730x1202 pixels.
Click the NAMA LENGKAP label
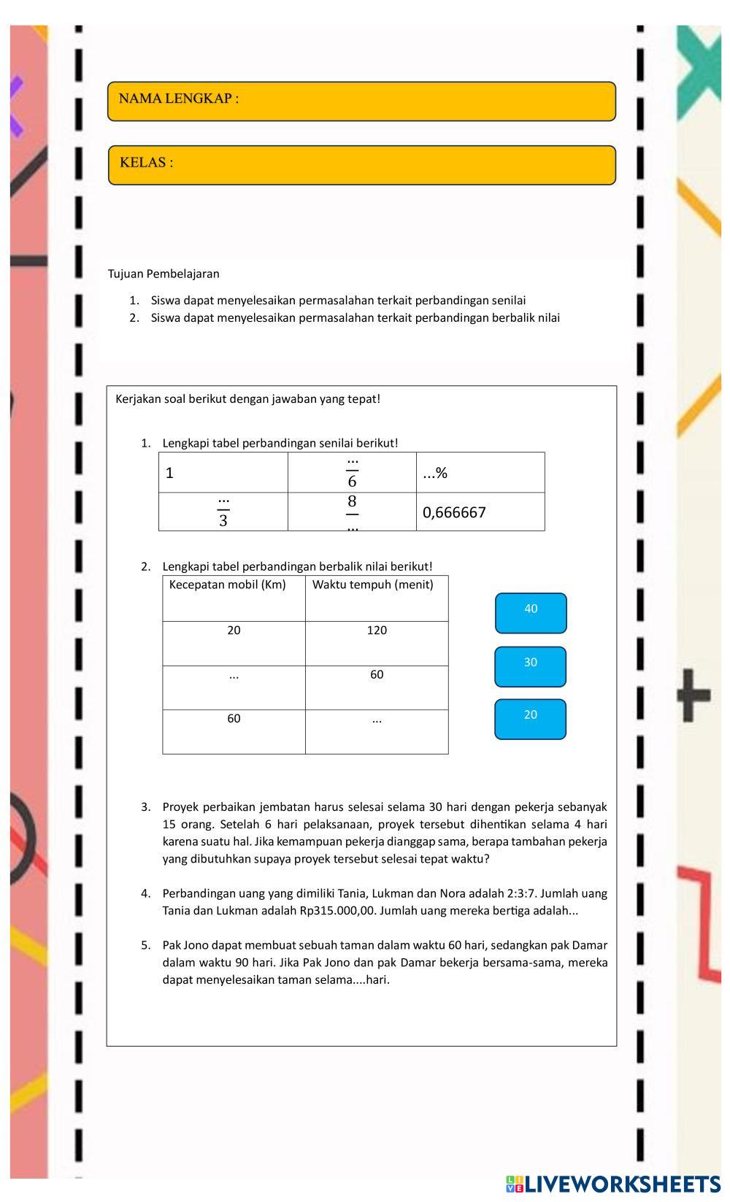[x=179, y=99]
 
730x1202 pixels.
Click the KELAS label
[x=147, y=163]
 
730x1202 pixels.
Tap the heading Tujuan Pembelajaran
[x=164, y=274]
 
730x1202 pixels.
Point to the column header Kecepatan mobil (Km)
[x=227, y=585]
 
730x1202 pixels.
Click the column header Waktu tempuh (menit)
[x=372, y=585]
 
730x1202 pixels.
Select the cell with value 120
[x=377, y=631]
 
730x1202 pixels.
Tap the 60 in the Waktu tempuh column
[x=377, y=674]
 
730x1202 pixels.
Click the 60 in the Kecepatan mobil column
[x=234, y=719]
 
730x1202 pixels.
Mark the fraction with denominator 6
[x=352, y=472]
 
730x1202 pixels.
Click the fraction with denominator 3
[x=223, y=512]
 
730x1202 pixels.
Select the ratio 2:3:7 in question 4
[x=520, y=893]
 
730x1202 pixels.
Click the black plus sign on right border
[x=693, y=695]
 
